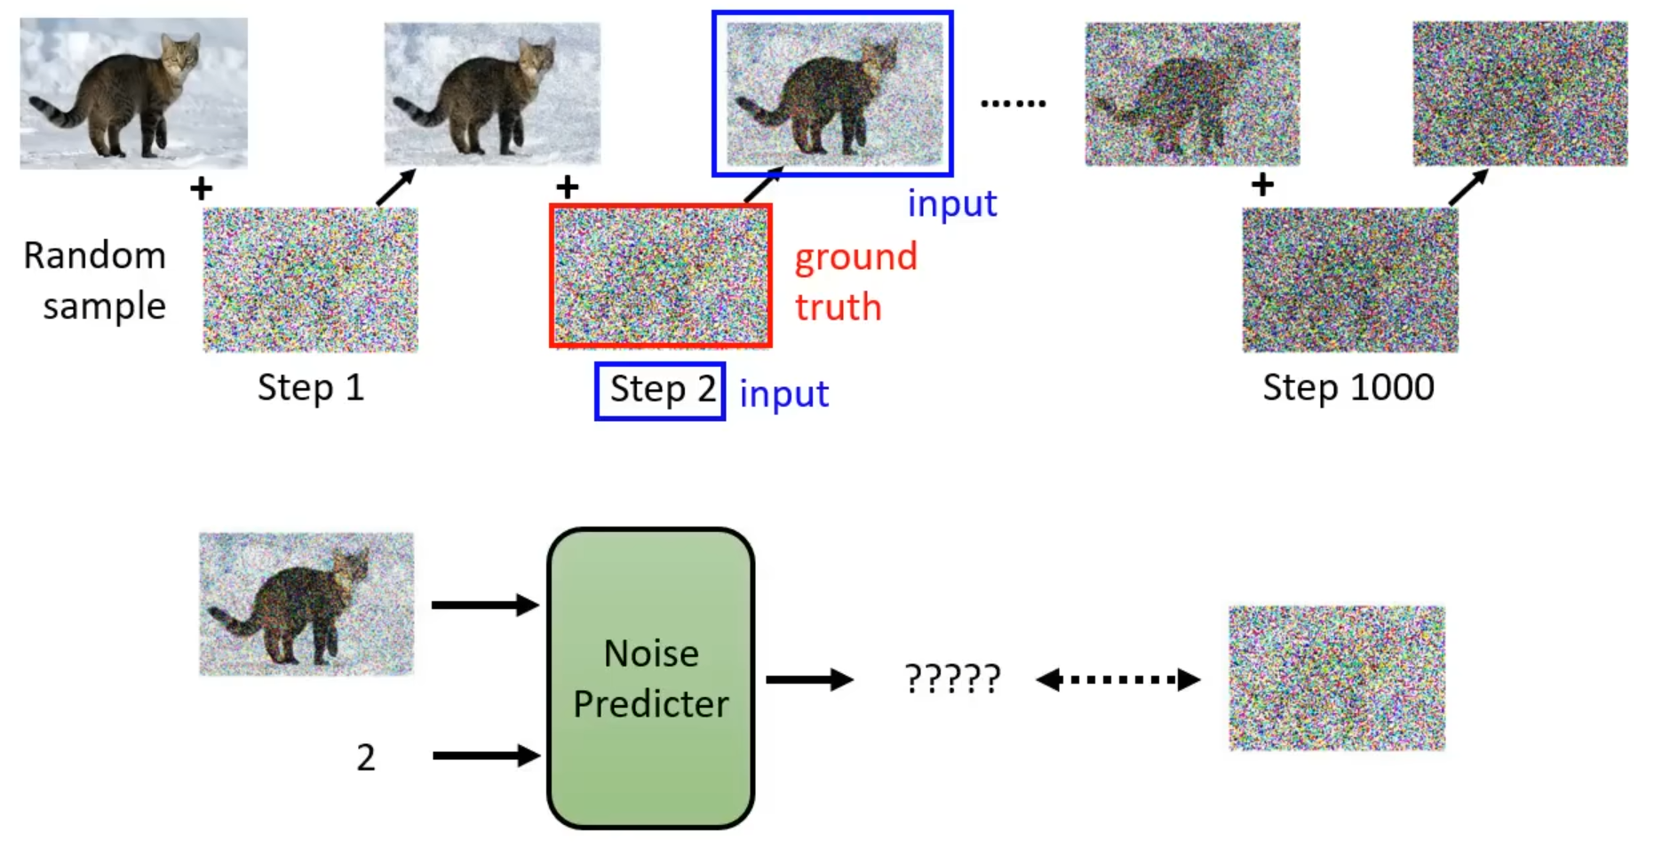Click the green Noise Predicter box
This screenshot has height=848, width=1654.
pyautogui.click(x=650, y=678)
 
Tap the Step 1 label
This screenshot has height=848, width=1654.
pyautogui.click(x=310, y=387)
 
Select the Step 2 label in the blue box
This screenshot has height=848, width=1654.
pyautogui.click(x=661, y=390)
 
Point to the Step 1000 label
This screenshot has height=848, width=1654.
pyautogui.click(x=1348, y=387)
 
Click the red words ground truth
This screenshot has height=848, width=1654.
pyautogui.click(x=855, y=281)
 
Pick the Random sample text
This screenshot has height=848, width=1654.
pyautogui.click(x=95, y=280)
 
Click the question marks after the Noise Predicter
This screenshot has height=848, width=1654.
pyautogui.click(x=952, y=680)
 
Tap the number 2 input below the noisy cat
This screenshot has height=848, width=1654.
pyautogui.click(x=366, y=757)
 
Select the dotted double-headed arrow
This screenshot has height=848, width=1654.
pyautogui.click(x=1117, y=680)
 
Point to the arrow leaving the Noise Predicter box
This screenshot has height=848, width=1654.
pyautogui.click(x=808, y=680)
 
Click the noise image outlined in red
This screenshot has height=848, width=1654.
pyautogui.click(x=661, y=275)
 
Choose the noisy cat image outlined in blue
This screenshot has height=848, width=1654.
pyautogui.click(x=833, y=93)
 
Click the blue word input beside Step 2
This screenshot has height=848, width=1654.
pyautogui.click(x=783, y=393)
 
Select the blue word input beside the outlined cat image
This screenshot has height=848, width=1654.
pyautogui.click(x=951, y=203)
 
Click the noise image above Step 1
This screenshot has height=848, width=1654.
pyautogui.click(x=310, y=280)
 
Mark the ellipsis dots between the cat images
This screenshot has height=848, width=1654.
pyautogui.click(x=1013, y=104)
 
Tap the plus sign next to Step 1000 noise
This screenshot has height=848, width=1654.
pyautogui.click(x=1262, y=185)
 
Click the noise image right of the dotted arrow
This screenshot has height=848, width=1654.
pyautogui.click(x=1336, y=678)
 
